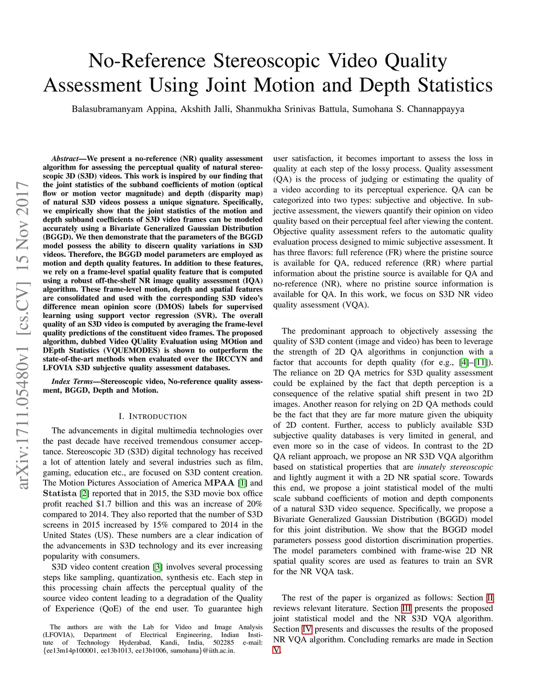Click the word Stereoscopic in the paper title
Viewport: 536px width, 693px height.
click(266, 61)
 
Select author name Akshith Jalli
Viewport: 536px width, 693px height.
click(205, 109)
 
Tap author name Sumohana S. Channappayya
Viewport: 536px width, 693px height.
click(408, 109)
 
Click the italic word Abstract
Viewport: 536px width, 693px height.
click(65, 158)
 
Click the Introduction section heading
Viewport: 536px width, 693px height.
click(153, 417)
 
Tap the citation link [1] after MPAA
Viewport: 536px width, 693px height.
click(242, 483)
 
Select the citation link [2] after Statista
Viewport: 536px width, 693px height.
click(84, 494)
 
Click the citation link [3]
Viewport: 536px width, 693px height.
click(158, 567)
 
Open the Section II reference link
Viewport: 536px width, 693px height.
click(489, 598)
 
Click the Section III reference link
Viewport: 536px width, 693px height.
click(406, 608)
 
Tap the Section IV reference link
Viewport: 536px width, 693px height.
click(307, 629)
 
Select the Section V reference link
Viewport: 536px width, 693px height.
click(277, 650)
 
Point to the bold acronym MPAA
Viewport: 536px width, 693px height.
click(219, 483)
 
